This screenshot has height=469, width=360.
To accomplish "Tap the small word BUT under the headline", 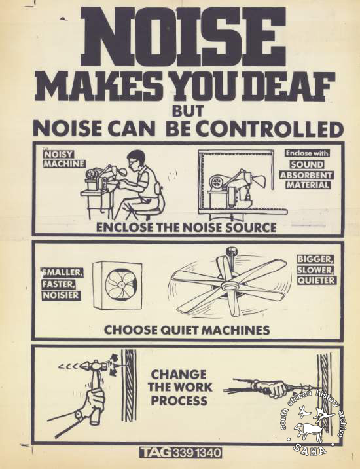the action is tap(188, 111).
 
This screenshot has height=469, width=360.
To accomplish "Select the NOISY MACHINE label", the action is tap(63, 159).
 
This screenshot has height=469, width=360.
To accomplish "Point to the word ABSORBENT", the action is tap(306, 175).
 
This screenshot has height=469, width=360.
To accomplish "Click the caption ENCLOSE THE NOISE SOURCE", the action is tap(186, 227).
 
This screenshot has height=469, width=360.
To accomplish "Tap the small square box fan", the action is tap(117, 286).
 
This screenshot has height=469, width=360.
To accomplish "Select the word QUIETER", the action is tap(317, 280).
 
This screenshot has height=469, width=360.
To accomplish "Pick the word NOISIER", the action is tap(62, 295).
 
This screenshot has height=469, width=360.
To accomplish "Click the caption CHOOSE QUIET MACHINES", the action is tap(187, 330).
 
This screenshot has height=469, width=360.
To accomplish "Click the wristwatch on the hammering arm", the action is tap(79, 415).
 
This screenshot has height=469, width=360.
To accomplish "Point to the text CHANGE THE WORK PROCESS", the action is tap(179, 387).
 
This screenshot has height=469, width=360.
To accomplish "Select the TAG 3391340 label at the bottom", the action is tap(181, 452).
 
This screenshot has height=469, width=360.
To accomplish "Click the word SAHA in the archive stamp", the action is tap(310, 449).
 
